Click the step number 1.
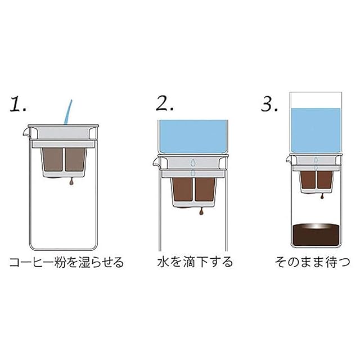pyautogui.click(x=18, y=105)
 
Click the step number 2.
pyautogui.click(x=165, y=103)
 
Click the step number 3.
pyautogui.click(x=269, y=104)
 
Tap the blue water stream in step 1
pyautogui.click(x=68, y=112)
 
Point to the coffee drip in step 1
pyautogui.click(x=71, y=182)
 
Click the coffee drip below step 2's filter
pyautogui.click(x=201, y=211)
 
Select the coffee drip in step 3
pyautogui.click(x=322, y=196)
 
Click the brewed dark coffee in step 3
pyautogui.click(x=316, y=235)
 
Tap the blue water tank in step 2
pyautogui.click(x=193, y=137)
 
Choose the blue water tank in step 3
pyautogui.click(x=316, y=130)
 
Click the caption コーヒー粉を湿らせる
pyautogui.click(x=66, y=263)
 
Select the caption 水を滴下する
pyautogui.click(x=195, y=262)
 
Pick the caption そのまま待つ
pyautogui.click(x=313, y=262)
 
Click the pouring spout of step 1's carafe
pyautogui.click(x=26, y=133)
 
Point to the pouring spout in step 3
pyautogui.click(x=289, y=160)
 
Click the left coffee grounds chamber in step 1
pyautogui.click(x=53, y=160)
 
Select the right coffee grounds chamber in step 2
pyautogui.click(x=205, y=190)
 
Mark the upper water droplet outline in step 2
pyautogui.click(x=193, y=163)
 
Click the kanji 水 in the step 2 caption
pyautogui.click(x=163, y=262)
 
